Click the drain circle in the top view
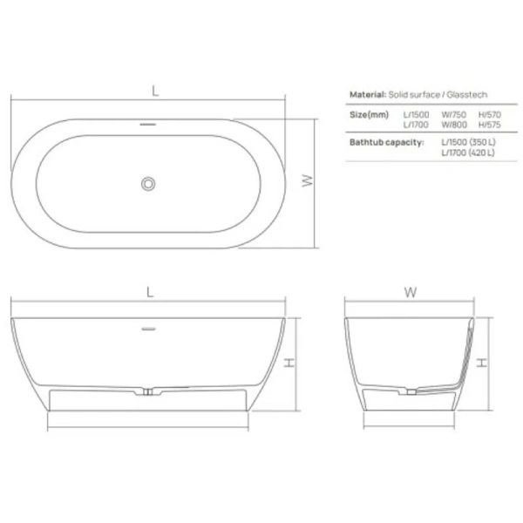(148, 183)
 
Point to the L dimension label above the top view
(154, 90)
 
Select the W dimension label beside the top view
(307, 180)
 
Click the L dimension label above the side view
(150, 293)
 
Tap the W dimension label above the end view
(409, 293)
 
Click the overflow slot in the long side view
(148, 329)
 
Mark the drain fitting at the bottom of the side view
(149, 393)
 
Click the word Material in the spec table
(367, 94)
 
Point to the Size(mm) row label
(370, 114)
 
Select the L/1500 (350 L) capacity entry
(468, 143)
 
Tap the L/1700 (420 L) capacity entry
(468, 153)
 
